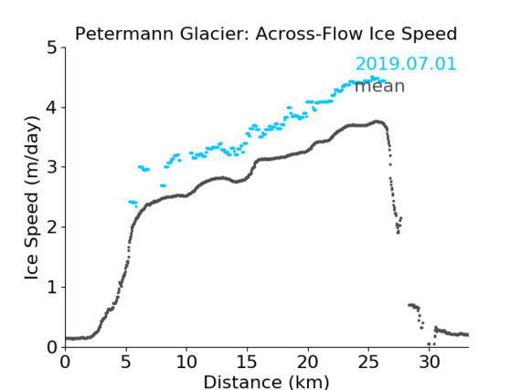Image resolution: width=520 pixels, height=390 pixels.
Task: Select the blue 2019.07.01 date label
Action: tap(406, 64)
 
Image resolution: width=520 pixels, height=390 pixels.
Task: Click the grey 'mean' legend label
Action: tap(380, 86)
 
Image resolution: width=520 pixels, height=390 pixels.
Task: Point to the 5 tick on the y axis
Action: tap(52, 48)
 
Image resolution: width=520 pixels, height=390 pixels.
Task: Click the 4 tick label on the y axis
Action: tap(52, 108)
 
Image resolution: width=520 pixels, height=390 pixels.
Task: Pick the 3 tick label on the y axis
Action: tap(52, 167)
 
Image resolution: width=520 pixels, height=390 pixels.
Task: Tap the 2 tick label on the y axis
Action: tap(52, 227)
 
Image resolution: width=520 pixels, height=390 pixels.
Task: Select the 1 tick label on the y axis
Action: tap(52, 288)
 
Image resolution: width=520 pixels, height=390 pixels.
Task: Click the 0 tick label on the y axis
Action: tap(52, 347)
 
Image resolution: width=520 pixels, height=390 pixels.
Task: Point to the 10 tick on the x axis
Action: tap(186, 362)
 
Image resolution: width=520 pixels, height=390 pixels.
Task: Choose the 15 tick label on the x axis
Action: tap(247, 362)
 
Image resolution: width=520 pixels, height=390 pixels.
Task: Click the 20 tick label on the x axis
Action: tap(308, 362)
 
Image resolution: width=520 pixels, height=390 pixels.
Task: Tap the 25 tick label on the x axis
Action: tap(368, 362)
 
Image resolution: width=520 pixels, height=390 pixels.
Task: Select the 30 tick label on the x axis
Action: tap(430, 362)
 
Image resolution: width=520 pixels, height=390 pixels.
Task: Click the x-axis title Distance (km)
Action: tap(266, 382)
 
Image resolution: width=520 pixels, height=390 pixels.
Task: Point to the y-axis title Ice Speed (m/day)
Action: tap(32, 197)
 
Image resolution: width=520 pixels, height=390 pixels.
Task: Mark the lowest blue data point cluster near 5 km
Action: tap(133, 203)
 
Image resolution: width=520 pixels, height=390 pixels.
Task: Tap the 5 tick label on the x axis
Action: tap(126, 362)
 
